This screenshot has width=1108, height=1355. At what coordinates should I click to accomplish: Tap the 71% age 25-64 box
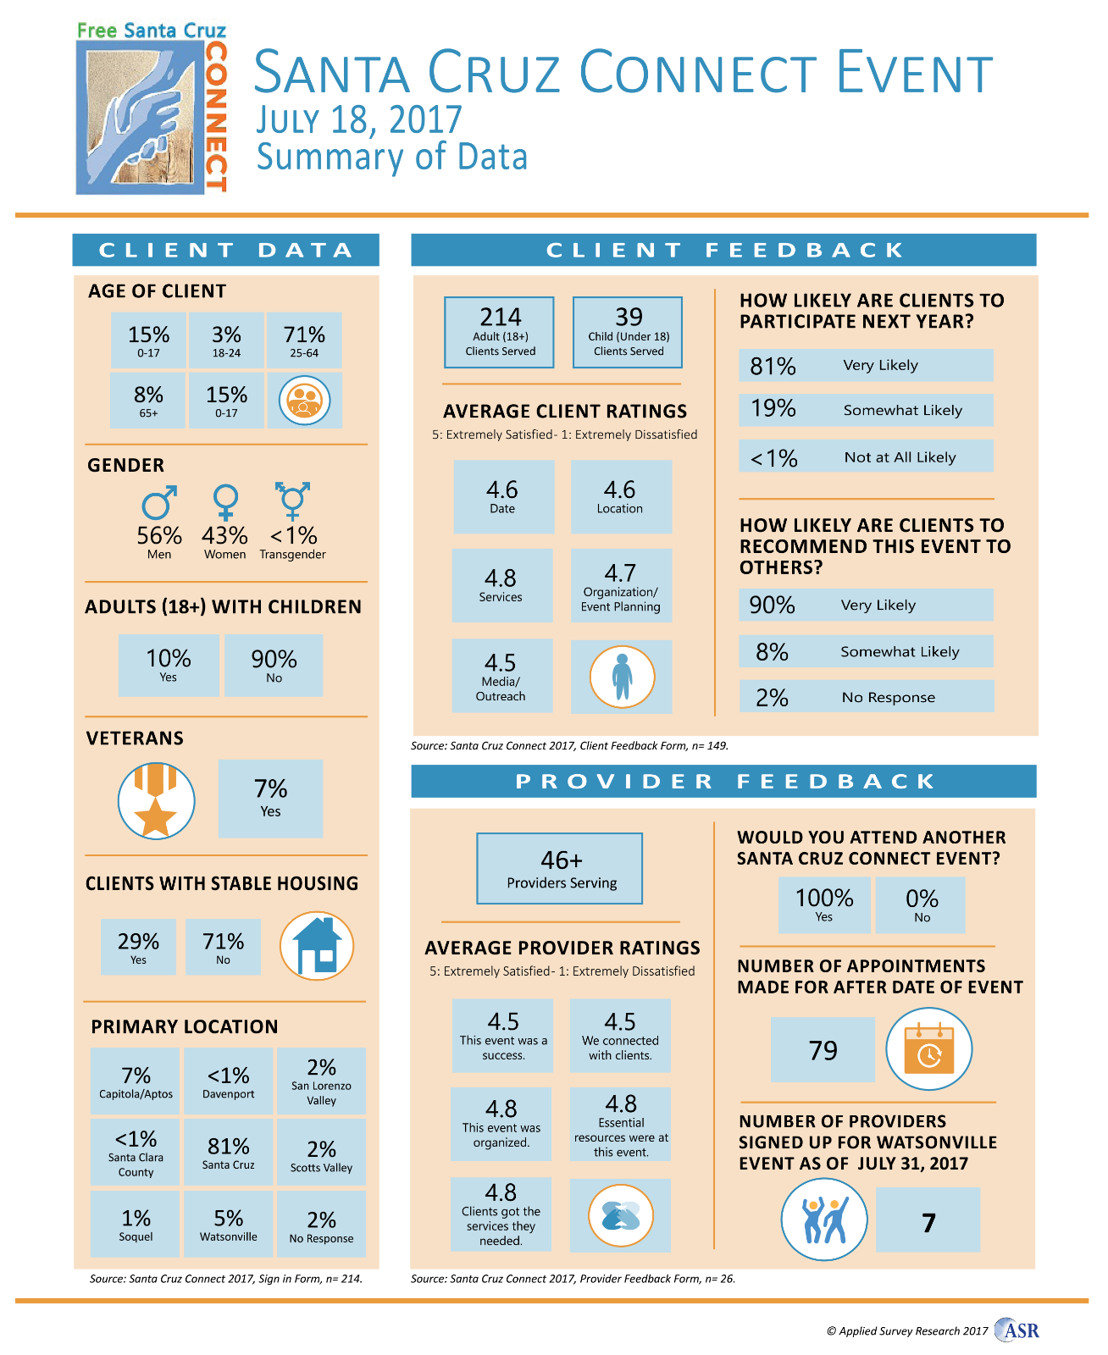304,340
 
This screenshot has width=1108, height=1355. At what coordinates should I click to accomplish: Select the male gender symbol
159,501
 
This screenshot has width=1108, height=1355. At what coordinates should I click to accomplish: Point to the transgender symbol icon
292,501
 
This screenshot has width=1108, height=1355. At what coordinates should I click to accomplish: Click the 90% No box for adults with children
274,666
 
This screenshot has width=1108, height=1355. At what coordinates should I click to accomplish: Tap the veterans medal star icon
156,801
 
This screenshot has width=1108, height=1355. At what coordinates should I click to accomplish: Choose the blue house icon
316,946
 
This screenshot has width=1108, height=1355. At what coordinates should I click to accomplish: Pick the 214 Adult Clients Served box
500,332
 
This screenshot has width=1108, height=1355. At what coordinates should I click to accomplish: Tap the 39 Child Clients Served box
628,332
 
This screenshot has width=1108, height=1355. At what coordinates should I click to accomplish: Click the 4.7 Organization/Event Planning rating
621,586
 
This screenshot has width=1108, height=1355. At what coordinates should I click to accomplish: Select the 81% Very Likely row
865,365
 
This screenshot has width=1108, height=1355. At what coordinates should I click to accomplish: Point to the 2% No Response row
866,697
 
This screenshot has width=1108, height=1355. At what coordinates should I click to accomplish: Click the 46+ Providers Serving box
560,869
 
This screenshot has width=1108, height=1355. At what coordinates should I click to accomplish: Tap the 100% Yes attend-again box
823,904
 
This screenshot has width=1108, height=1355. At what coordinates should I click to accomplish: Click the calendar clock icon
928,1049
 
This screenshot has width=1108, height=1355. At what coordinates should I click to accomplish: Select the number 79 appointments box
823,1050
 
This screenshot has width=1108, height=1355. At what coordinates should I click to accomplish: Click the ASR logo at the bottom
1017,1330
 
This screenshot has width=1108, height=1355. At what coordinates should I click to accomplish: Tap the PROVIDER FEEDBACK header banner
723,781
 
